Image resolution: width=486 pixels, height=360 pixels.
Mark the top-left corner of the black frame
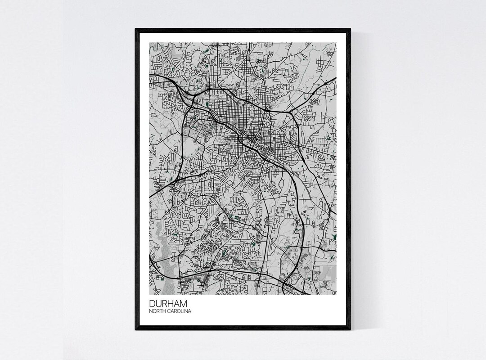(x=136, y=29)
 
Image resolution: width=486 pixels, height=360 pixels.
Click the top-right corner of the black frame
(x=350, y=29)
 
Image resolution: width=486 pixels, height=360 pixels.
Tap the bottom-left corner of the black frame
(x=136, y=329)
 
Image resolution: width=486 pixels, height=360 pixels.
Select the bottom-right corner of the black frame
(x=350, y=329)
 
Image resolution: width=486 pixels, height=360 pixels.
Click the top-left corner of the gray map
(x=150, y=43)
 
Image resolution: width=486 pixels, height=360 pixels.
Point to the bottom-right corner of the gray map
(x=336, y=294)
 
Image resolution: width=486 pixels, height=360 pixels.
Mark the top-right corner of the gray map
(x=336, y=43)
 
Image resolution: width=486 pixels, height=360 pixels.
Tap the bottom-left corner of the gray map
(x=150, y=294)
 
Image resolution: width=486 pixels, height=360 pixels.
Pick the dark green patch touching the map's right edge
(x=333, y=235)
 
